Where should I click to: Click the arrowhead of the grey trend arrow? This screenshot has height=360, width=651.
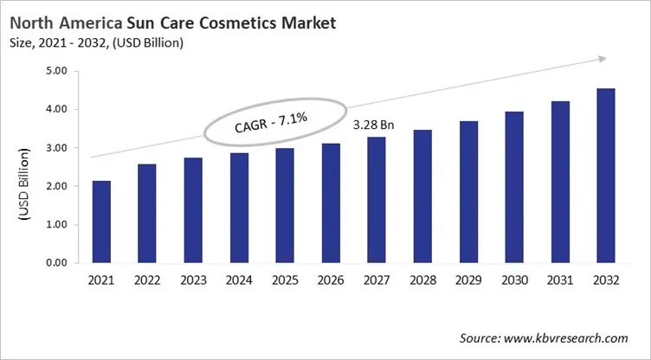(599, 60)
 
